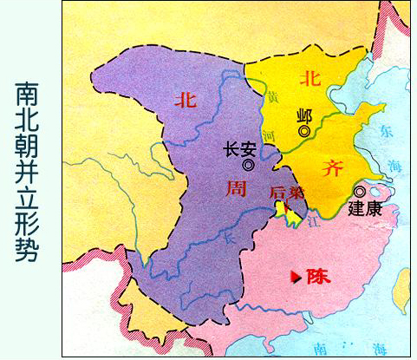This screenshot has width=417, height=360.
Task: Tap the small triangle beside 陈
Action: coord(298,277)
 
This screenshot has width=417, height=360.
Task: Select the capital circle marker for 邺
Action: coord(304,131)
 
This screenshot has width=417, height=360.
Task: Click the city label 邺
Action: coord(303,115)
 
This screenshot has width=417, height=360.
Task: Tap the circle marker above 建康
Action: coord(360,191)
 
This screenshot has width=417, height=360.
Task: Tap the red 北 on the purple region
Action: coord(185,100)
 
